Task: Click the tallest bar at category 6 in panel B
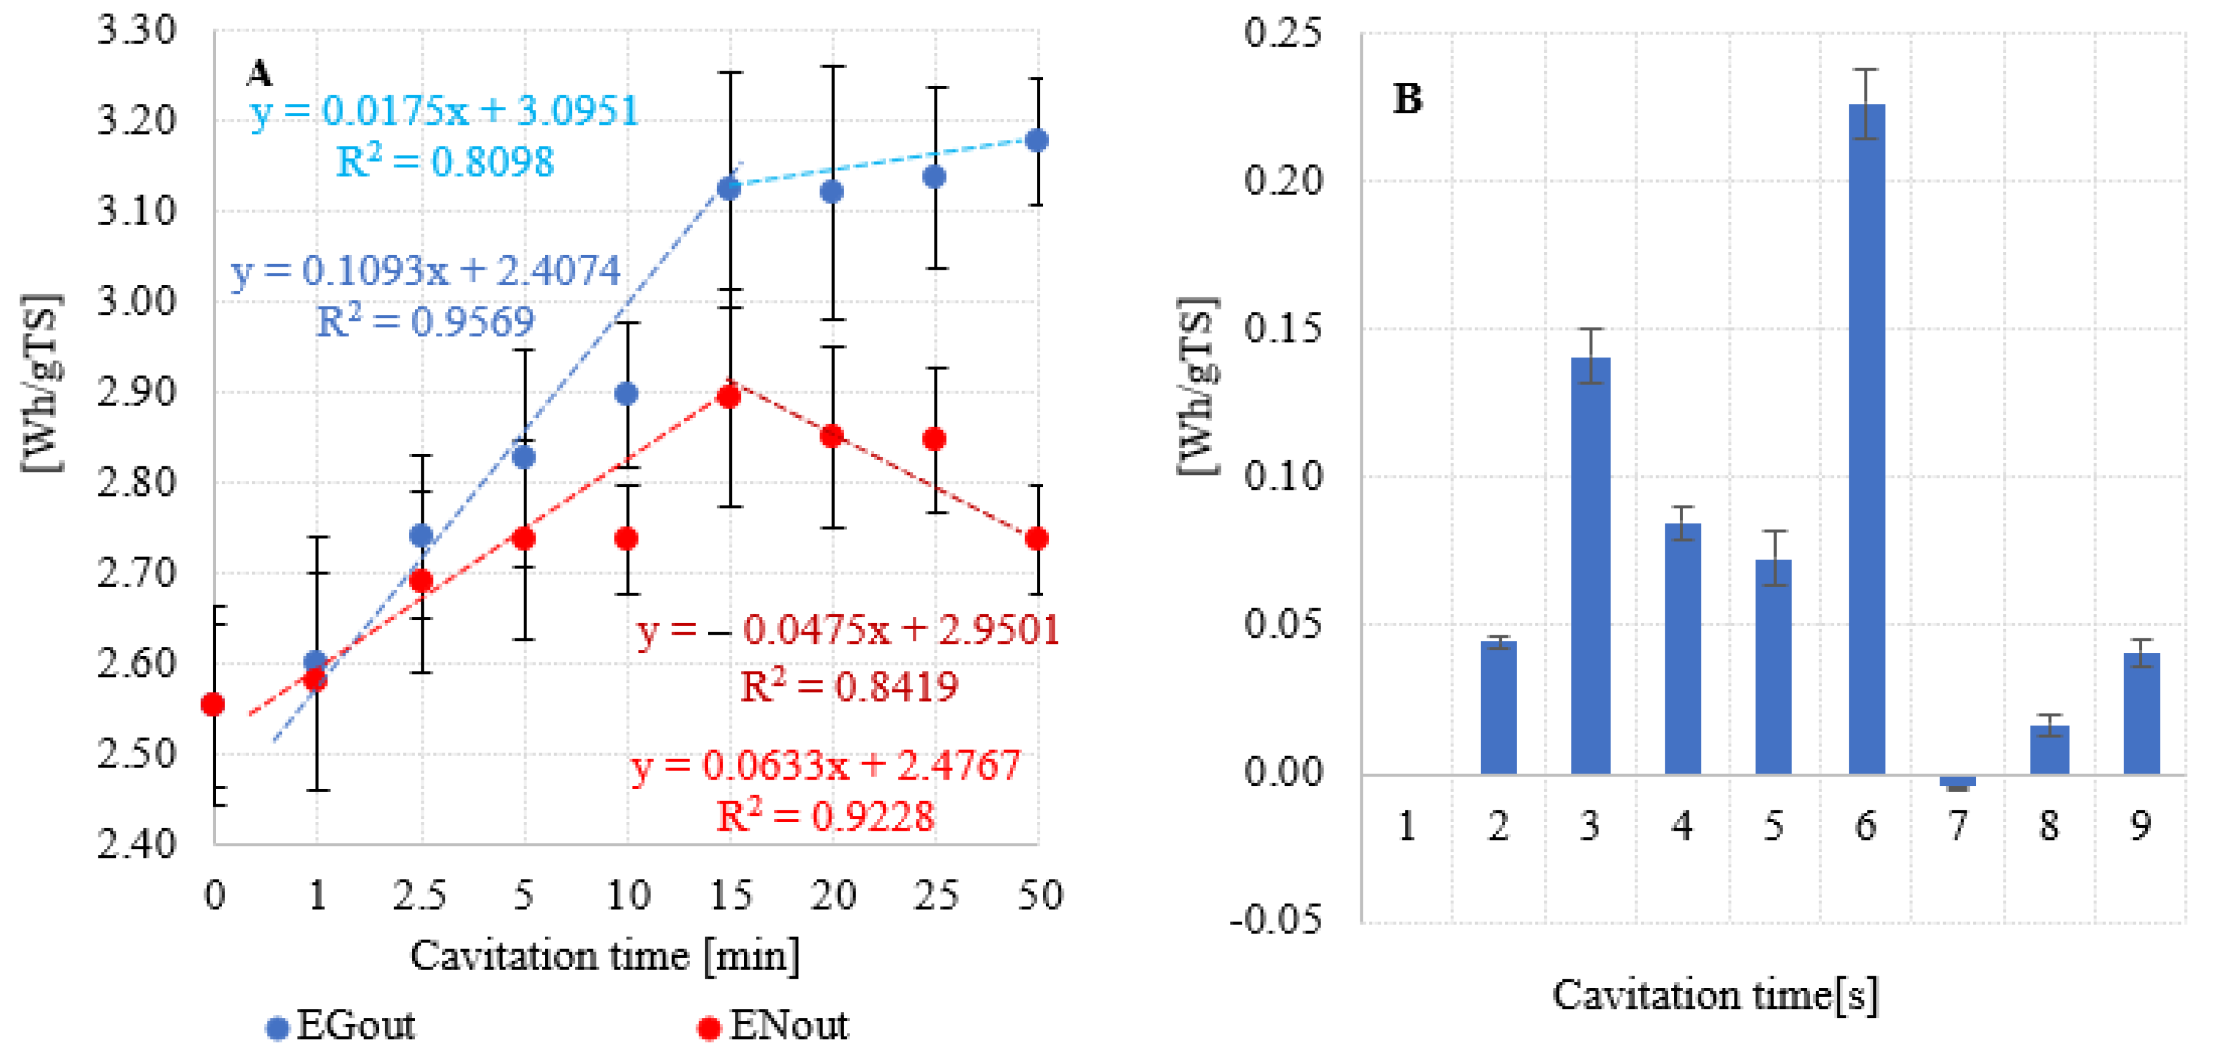pos(1866,439)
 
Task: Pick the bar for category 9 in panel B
pos(2141,713)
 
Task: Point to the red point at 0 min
pos(213,705)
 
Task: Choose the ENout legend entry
pos(775,1026)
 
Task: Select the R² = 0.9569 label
pos(425,321)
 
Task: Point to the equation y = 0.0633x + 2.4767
pos(826,764)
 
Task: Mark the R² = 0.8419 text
pos(849,686)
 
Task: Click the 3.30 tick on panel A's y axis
pos(136,31)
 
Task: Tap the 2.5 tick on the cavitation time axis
pos(420,896)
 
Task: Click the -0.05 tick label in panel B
pos(1275,920)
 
